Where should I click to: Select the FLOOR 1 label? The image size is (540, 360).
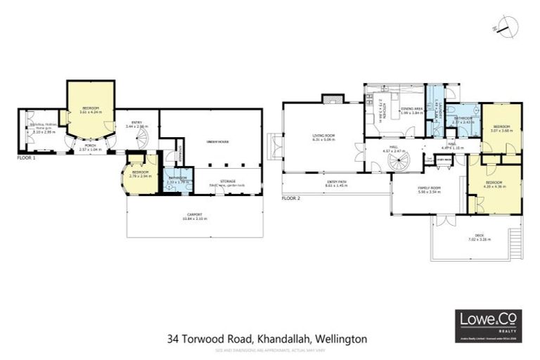click(x=26, y=158)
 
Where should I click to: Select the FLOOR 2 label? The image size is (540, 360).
click(x=290, y=198)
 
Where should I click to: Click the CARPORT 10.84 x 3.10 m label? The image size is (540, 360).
click(x=195, y=217)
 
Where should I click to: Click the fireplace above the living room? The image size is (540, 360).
click(x=332, y=99)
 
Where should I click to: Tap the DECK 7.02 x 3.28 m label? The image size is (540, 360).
click(x=480, y=237)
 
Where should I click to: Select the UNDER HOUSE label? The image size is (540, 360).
click(x=210, y=141)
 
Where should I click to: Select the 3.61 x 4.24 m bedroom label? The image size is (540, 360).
click(x=91, y=110)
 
